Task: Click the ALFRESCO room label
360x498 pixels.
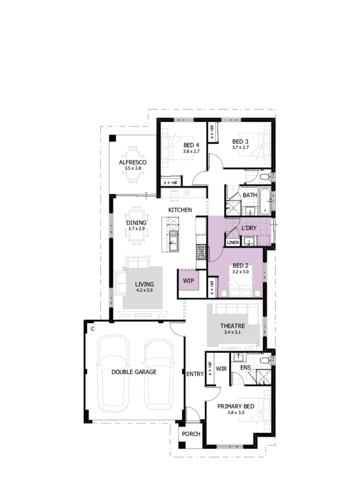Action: pos(133,162)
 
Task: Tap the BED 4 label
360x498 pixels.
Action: pos(191,145)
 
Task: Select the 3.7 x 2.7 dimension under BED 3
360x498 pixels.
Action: pos(240,147)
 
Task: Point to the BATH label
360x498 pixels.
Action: pos(249,195)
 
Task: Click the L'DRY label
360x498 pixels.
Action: pos(249,227)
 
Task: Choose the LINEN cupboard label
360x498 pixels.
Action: pos(232,242)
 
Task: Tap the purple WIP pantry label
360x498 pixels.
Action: pos(188,281)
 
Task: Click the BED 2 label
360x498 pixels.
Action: pos(240,265)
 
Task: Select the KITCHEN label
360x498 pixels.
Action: pos(180,210)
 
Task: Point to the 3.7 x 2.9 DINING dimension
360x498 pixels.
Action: pos(136,229)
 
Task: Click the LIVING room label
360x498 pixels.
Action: pos(145,284)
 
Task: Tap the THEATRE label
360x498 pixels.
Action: pos(232,326)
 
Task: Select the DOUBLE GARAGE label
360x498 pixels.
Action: pos(134,372)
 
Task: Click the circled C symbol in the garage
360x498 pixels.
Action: pos(93,329)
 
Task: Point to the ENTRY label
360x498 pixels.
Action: pos(195,374)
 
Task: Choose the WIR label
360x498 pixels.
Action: pos(221,369)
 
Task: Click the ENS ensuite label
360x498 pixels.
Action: pos(245,368)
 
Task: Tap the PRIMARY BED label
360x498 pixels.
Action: pos(235,406)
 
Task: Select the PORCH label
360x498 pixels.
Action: pos(191,434)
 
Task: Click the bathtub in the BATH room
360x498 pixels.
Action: pos(264,201)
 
